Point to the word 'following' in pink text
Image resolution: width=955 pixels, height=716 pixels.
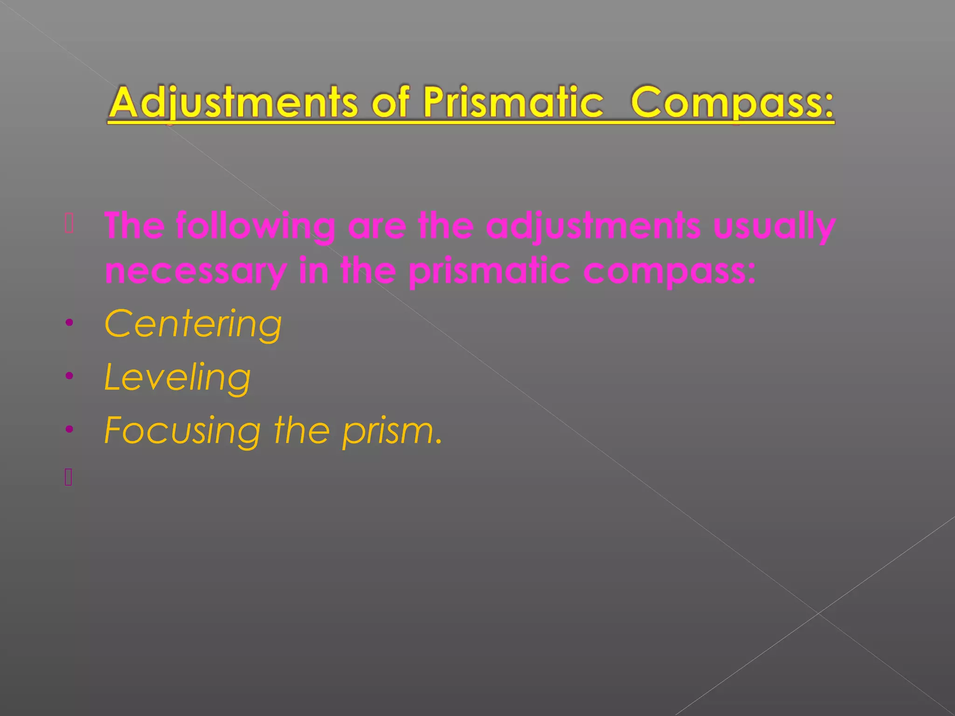(x=256, y=227)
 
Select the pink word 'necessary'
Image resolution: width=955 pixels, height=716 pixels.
(x=195, y=271)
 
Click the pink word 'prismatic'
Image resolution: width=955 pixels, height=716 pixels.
(x=489, y=271)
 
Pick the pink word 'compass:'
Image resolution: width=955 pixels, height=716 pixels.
(x=670, y=271)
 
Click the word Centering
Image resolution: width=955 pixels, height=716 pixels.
(x=193, y=324)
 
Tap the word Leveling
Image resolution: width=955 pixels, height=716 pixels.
(x=177, y=378)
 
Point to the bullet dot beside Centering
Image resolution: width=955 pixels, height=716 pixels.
(x=69, y=323)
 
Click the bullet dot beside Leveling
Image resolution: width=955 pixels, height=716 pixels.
(x=69, y=376)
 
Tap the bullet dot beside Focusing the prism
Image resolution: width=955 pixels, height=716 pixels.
(x=69, y=429)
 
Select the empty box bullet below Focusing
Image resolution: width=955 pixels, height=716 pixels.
(x=69, y=477)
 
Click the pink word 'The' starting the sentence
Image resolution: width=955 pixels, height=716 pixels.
(x=134, y=227)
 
